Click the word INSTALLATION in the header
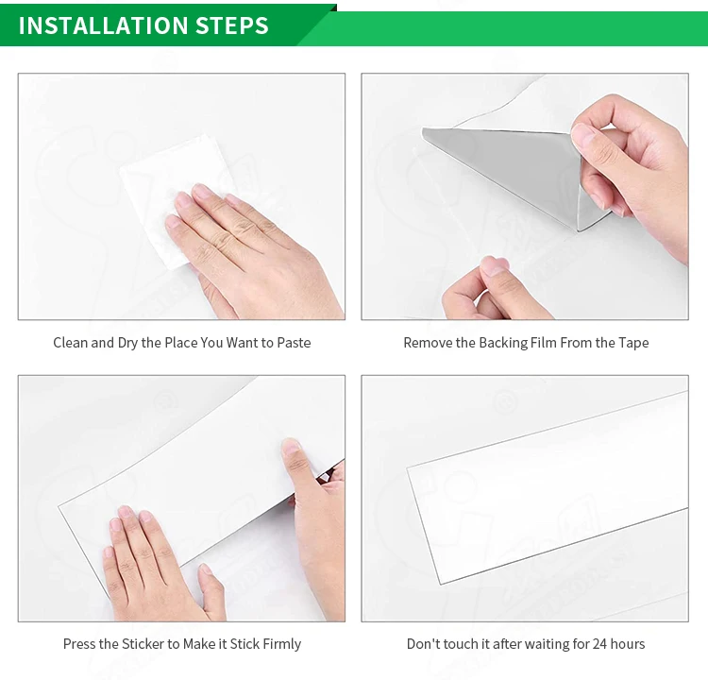click(102, 25)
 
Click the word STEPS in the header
click(232, 25)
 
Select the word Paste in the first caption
click(294, 343)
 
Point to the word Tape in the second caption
click(633, 344)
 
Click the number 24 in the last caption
click(599, 644)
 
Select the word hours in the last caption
click(628, 644)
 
